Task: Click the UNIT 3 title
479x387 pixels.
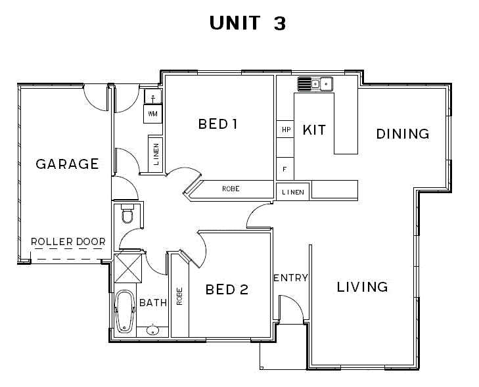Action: pyautogui.click(x=248, y=23)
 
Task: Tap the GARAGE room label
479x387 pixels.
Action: pyautogui.click(x=67, y=164)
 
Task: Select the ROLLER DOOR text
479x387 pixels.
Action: pyautogui.click(x=68, y=242)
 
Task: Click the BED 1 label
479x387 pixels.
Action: pyautogui.click(x=217, y=124)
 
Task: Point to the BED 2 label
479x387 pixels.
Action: pyautogui.click(x=227, y=289)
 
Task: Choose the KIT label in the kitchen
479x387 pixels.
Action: pyautogui.click(x=314, y=130)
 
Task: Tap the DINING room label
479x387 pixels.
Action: pyautogui.click(x=403, y=134)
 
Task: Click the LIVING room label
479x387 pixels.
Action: pyautogui.click(x=362, y=287)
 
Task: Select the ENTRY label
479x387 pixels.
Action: pyautogui.click(x=291, y=278)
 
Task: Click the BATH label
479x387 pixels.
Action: pyautogui.click(x=153, y=303)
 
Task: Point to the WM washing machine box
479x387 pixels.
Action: pyautogui.click(x=152, y=114)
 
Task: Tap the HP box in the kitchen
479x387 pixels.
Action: pyautogui.click(x=285, y=129)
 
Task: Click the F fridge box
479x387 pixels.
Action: pyautogui.click(x=285, y=169)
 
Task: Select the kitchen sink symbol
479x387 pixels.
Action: pyautogui.click(x=315, y=83)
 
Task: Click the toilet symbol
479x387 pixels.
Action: pyautogui.click(x=127, y=214)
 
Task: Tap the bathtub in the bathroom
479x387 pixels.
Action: pyautogui.click(x=125, y=311)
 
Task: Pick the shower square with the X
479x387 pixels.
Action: pyautogui.click(x=128, y=268)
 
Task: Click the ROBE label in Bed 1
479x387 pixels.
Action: pyautogui.click(x=231, y=189)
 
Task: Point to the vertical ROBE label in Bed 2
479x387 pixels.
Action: pyautogui.click(x=179, y=296)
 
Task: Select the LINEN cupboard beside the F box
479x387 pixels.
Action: pyautogui.click(x=292, y=192)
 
